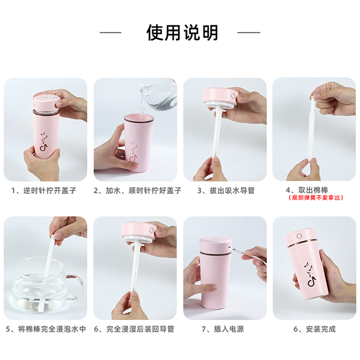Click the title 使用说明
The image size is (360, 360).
(182, 32)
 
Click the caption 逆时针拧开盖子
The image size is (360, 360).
(49, 190)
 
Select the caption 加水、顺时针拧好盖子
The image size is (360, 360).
(143, 190)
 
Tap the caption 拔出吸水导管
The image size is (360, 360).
(232, 190)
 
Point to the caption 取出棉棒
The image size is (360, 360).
(313, 190)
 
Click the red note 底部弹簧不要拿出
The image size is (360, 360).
(316, 198)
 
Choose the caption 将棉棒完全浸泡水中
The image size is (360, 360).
(52, 329)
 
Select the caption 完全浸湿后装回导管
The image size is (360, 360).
(140, 329)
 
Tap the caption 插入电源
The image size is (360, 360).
(229, 329)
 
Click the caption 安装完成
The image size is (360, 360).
(320, 329)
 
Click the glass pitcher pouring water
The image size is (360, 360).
(159, 94)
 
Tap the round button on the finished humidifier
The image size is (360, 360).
(299, 236)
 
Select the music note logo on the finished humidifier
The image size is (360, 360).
(310, 274)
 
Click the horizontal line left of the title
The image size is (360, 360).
(110, 32)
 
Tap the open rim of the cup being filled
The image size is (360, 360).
(139, 118)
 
